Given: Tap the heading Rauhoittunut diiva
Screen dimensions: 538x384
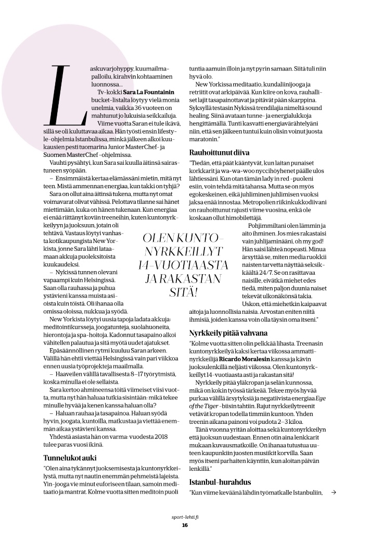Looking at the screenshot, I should coord(220,152).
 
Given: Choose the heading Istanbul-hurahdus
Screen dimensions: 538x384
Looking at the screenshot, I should coord(220,483).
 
